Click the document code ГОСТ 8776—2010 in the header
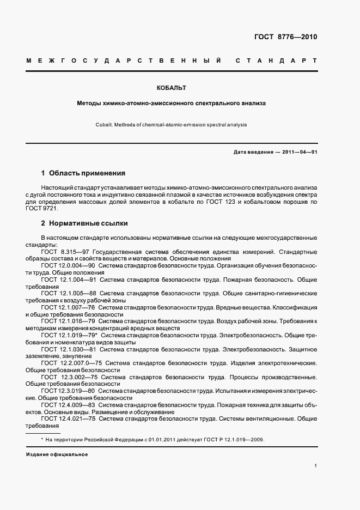[x=285, y=37]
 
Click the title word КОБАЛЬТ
[x=172, y=88]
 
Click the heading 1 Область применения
[x=83, y=173]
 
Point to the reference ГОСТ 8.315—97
[x=66, y=252]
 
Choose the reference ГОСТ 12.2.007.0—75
[x=71, y=363]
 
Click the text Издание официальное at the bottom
[x=57, y=454]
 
